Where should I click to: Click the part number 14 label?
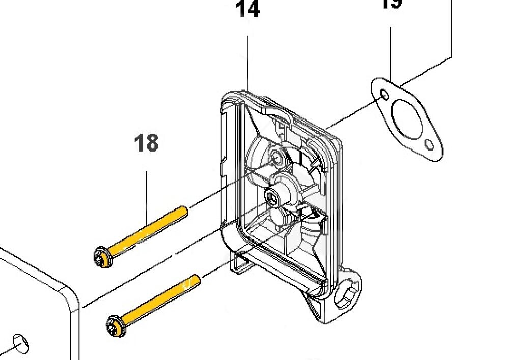coord(248,10)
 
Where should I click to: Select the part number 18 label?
coord(146,143)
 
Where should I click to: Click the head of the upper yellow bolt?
coord(103,257)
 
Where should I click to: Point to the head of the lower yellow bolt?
coord(117,325)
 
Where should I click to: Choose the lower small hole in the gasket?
coord(430,145)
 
